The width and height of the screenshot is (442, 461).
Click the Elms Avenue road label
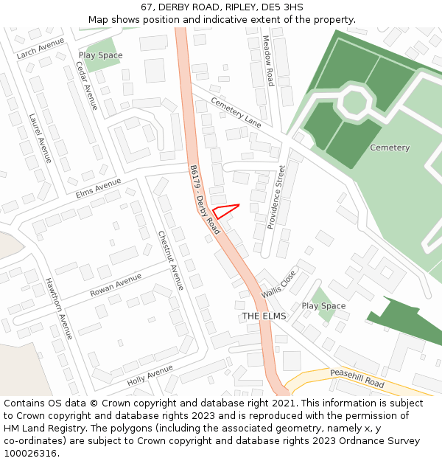click(98, 187)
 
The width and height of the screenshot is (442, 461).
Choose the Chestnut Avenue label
click(171, 260)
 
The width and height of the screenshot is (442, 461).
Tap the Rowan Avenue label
click(116, 285)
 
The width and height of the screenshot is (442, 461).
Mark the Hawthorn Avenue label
click(59, 308)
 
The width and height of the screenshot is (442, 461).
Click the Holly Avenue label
click(150, 375)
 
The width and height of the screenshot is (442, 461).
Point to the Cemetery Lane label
click(236, 111)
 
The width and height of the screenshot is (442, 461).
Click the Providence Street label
click(275, 196)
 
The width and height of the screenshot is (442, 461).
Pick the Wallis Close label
click(278, 284)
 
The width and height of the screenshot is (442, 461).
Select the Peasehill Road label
click(357, 379)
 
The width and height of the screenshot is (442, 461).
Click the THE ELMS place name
click(264, 316)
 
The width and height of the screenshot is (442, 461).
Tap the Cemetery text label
click(390, 148)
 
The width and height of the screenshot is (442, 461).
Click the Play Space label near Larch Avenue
click(101, 55)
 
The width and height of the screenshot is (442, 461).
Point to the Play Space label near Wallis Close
click(323, 306)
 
